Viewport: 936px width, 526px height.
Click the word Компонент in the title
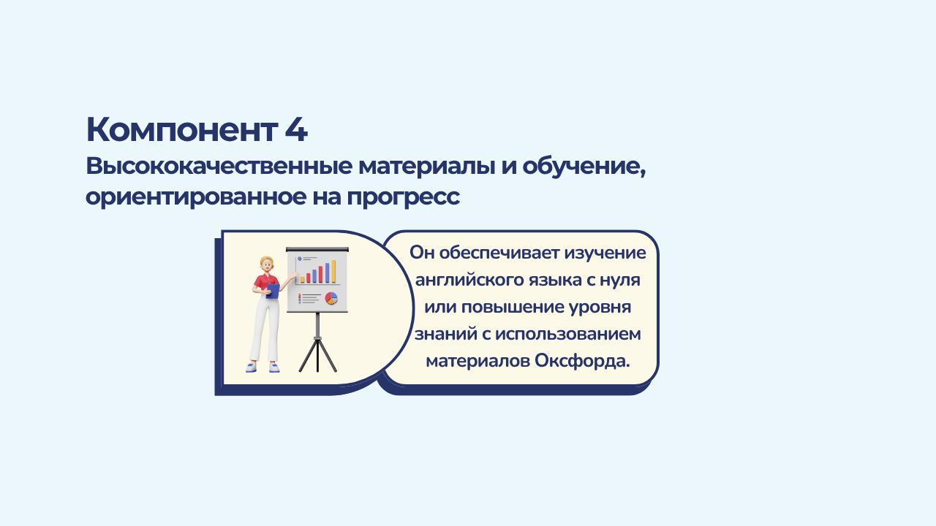coord(182,130)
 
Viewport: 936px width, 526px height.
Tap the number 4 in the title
coord(296,130)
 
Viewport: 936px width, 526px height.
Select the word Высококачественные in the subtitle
coord(219,166)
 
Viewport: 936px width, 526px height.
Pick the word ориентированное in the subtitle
coord(195,197)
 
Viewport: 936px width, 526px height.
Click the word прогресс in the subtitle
coord(403,198)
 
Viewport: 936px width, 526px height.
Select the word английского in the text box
coord(469,280)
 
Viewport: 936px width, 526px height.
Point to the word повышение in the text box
coord(513,308)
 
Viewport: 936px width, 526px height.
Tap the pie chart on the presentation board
coord(331,298)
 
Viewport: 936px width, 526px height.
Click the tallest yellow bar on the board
coord(333,271)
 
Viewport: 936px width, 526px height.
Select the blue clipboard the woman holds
coord(273,291)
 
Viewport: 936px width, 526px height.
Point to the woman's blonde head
coord(267,264)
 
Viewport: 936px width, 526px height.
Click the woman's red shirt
coord(265,283)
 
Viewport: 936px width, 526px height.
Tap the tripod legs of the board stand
coord(317,354)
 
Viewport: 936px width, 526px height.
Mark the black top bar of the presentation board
coord(317,249)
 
